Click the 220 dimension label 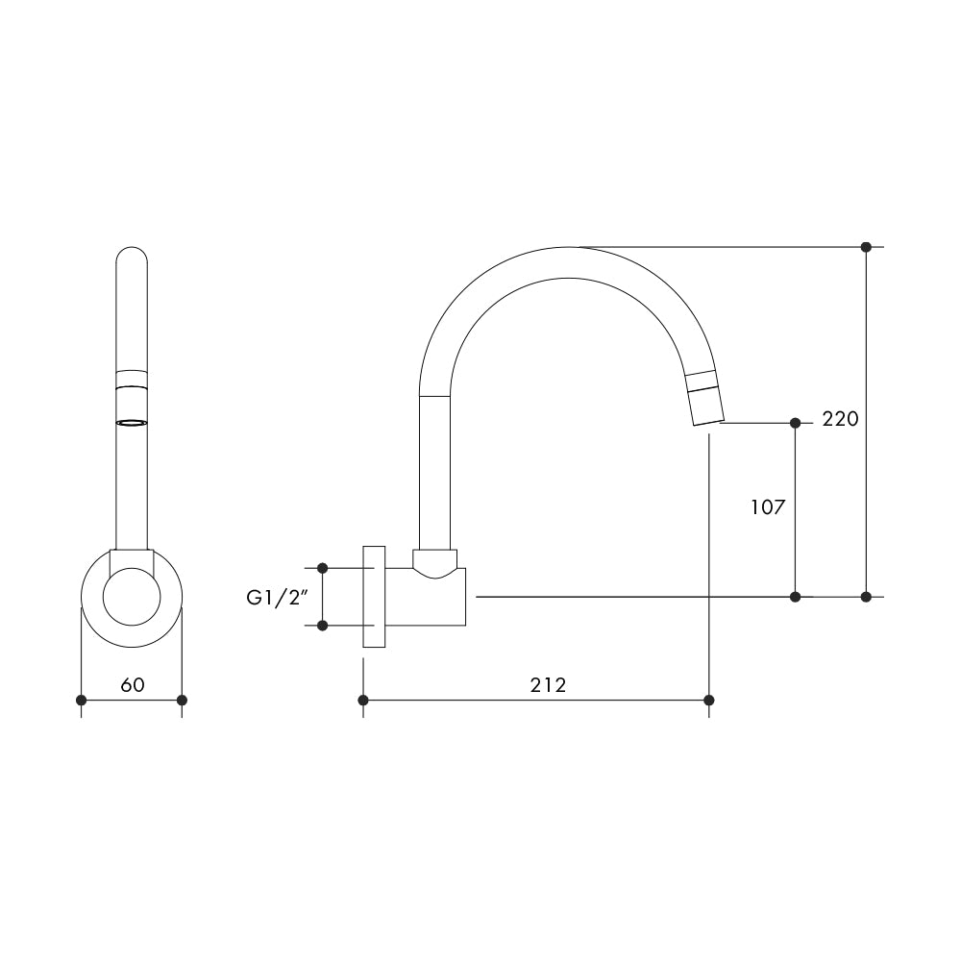tap(840, 420)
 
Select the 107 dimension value tap(768, 507)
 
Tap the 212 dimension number tap(548, 684)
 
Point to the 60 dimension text tap(133, 684)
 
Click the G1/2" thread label tap(276, 598)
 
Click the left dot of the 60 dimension tap(82, 700)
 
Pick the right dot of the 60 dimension tap(183, 700)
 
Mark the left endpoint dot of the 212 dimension tap(363, 700)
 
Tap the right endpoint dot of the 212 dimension tap(709, 700)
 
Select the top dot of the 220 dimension tap(866, 247)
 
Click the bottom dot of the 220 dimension tap(866, 597)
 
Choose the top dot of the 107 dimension tap(795, 423)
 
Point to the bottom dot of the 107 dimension tap(795, 597)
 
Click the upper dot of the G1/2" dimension tap(322, 568)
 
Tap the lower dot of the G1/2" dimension tap(322, 626)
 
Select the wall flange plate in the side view tap(374, 597)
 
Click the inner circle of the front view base tap(132, 598)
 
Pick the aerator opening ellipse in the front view tap(132, 422)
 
